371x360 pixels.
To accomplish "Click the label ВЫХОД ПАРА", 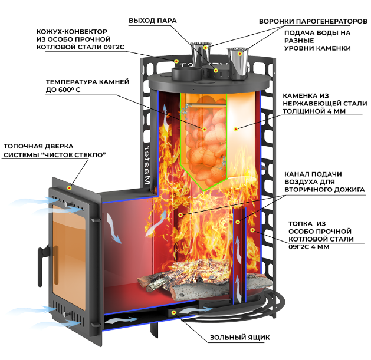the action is pyautogui.click(x=153, y=21).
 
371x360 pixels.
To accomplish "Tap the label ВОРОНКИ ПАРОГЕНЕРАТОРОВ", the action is pyautogui.click(x=313, y=21).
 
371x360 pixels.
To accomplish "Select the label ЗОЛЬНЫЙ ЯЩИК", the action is pyautogui.click(x=239, y=337).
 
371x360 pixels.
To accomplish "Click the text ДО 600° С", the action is pyautogui.click(x=63, y=90).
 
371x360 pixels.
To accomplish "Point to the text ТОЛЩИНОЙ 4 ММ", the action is pyautogui.click(x=314, y=111).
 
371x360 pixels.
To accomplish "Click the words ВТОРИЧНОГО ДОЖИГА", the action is pyautogui.click(x=324, y=190).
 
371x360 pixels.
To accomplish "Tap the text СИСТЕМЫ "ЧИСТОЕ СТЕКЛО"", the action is pyautogui.click(x=55, y=155).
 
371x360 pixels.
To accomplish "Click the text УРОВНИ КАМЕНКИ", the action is pyautogui.click(x=317, y=48).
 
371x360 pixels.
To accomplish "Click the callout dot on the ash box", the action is pyautogui.click(x=173, y=312).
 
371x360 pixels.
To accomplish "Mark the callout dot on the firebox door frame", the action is pyautogui.click(x=70, y=188).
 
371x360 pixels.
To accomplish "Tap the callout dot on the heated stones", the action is pyautogui.click(x=205, y=129).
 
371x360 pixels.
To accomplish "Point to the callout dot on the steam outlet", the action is pyautogui.click(x=215, y=70).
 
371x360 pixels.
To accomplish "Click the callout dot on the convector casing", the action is pyautogui.click(x=176, y=61).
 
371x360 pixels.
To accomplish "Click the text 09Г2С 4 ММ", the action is pyautogui.click(x=308, y=247).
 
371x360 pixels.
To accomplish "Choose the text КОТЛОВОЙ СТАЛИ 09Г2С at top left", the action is pyautogui.click(x=80, y=47).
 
